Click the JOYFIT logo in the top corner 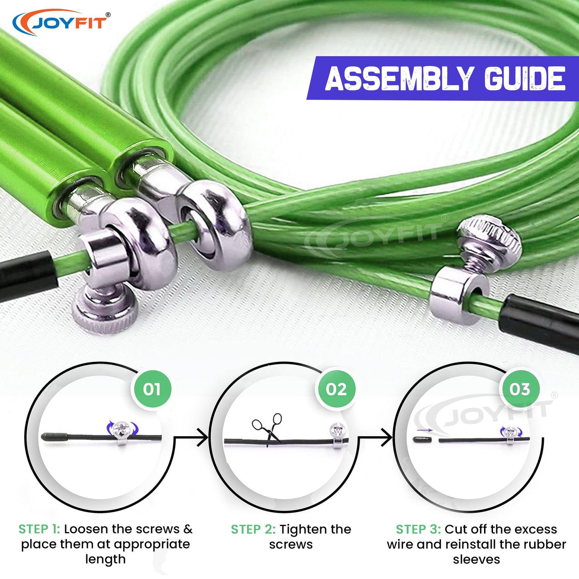click(x=61, y=23)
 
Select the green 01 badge click(x=152, y=389)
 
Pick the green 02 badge click(x=336, y=389)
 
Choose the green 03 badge click(x=519, y=389)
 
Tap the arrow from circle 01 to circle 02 click(x=191, y=437)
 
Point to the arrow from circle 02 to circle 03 click(x=375, y=437)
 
